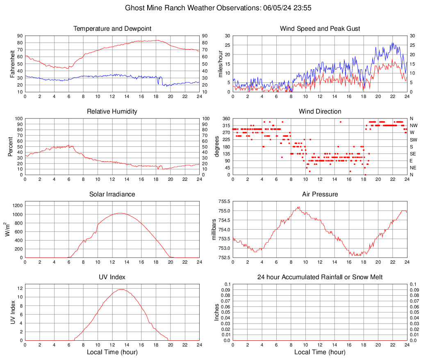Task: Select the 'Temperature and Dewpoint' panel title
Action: click(112, 29)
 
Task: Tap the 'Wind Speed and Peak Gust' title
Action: click(320, 29)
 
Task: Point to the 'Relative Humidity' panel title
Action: click(112, 112)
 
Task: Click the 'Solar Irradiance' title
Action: click(112, 194)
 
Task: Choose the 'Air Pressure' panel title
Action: click(320, 194)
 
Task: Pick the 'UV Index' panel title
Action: click(112, 277)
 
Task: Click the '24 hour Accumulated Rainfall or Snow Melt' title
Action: click(320, 277)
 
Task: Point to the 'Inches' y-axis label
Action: click(217, 312)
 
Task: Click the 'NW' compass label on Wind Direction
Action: click(413, 125)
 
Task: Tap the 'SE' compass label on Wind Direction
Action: click(413, 154)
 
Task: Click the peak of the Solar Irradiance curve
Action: click(119, 213)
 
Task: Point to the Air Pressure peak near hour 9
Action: click(299, 207)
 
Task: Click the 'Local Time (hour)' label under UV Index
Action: click(112, 352)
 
